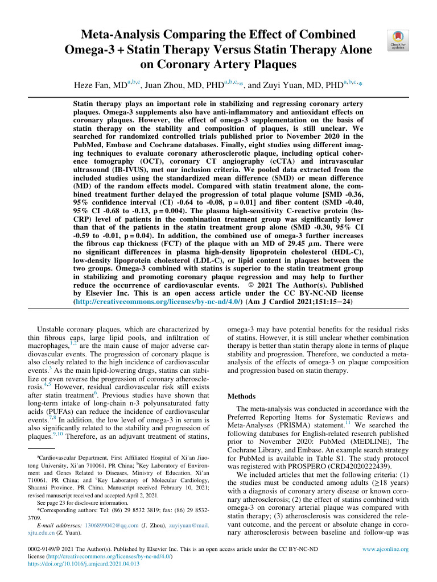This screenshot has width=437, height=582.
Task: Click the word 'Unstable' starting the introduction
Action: pyautogui.click(x=53, y=329)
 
